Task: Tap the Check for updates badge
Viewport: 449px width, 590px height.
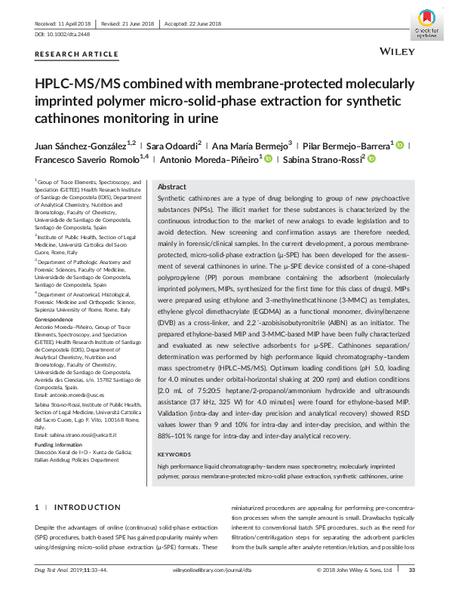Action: click(x=426, y=23)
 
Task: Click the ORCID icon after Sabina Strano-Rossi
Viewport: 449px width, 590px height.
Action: click(x=372, y=159)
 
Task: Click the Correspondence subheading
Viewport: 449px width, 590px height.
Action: click(x=56, y=319)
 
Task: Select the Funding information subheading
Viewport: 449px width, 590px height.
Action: click(x=63, y=445)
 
